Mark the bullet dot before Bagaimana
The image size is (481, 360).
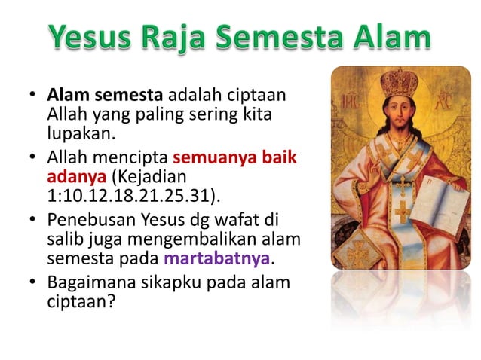pos(33,284)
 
